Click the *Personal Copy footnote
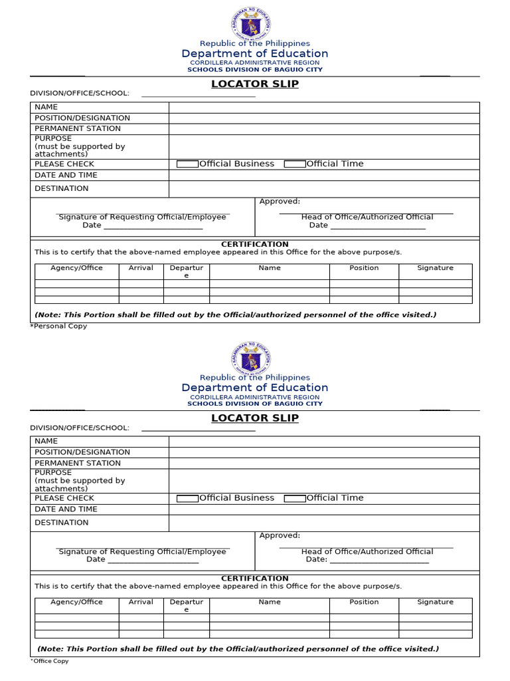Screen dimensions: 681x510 coord(58,326)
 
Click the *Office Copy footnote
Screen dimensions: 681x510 coord(50,660)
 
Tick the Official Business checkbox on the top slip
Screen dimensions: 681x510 coord(187,164)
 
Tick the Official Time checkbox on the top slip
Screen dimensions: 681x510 coord(295,164)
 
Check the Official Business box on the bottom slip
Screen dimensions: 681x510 coord(187,498)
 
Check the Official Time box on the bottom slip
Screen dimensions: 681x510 coord(295,498)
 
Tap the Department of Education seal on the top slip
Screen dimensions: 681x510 coord(251,24)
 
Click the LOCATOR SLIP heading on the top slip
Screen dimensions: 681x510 coord(255,84)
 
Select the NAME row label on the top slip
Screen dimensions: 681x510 coord(46,107)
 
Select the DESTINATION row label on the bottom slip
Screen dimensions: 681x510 coord(62,523)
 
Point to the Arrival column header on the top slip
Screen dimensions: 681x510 coord(141,268)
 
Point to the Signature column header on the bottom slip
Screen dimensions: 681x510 coord(435,602)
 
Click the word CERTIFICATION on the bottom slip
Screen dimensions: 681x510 coord(255,579)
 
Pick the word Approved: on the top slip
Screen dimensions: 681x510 coord(280,202)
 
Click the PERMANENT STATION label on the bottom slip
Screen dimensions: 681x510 coord(78,463)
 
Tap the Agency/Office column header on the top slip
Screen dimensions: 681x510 coord(77,268)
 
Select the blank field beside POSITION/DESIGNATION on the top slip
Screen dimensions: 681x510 coord(323,118)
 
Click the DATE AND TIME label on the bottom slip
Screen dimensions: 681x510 coord(66,509)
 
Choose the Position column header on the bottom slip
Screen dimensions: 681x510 coord(364,602)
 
